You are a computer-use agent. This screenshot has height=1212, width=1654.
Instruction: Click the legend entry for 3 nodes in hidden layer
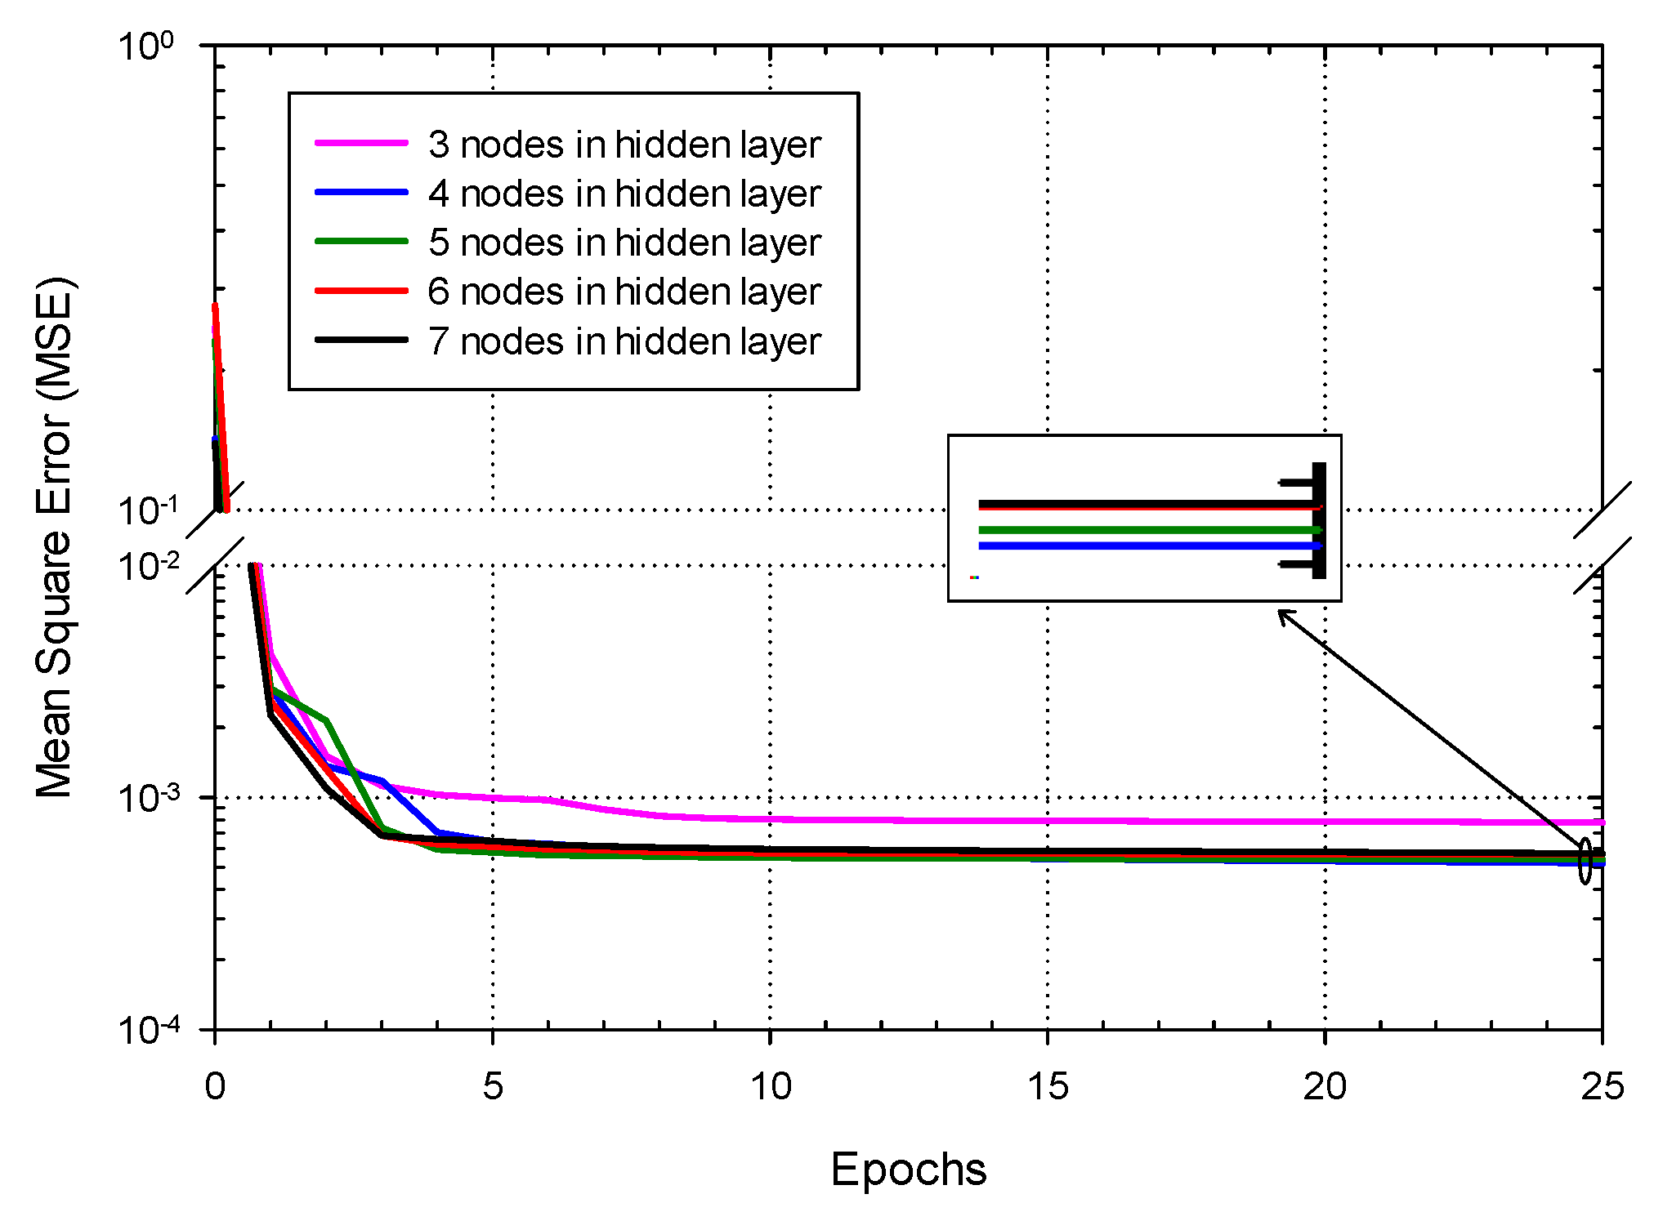(x=624, y=145)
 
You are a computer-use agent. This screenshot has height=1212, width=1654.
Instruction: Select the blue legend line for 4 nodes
(x=361, y=193)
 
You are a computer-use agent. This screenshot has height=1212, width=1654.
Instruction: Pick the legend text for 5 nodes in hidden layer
(x=624, y=243)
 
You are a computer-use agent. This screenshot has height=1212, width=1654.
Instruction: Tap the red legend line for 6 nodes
(x=361, y=291)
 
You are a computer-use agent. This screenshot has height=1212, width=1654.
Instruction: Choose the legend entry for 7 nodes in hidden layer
(x=624, y=341)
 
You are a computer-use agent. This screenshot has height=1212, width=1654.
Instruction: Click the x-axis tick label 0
(x=215, y=1087)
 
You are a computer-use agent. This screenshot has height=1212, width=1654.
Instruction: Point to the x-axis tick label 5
(x=492, y=1087)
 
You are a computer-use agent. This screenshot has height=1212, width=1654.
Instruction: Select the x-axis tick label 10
(x=770, y=1087)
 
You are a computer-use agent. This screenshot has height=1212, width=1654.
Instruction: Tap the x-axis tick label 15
(x=1048, y=1087)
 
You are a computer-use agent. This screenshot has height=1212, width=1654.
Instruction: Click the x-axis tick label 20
(x=1325, y=1087)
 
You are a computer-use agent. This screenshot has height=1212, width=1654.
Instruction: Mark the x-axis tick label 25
(x=1602, y=1087)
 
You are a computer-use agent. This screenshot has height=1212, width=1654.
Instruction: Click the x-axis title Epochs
(x=908, y=1169)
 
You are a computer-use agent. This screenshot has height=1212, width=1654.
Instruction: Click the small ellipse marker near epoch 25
(x=1585, y=861)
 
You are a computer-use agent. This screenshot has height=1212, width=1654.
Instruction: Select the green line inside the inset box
(x=1144, y=530)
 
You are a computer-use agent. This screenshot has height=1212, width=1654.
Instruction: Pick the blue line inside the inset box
(x=1144, y=546)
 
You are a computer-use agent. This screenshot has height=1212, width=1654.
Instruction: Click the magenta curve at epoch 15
(x=1048, y=821)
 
